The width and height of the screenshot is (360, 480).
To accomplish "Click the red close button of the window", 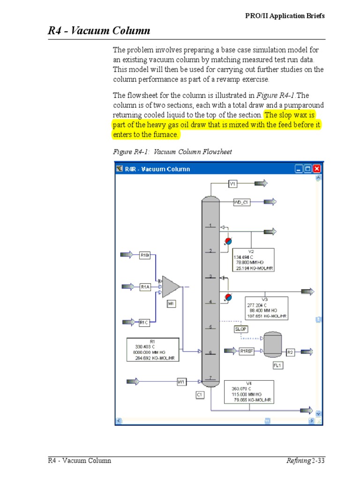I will tap(317, 169).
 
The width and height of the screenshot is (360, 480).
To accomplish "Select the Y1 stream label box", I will tap(232, 184).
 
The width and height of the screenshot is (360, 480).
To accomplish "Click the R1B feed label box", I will tap(145, 255).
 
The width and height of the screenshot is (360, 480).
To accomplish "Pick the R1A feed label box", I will tap(145, 286).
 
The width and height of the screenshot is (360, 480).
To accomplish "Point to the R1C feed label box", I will tap(145, 322).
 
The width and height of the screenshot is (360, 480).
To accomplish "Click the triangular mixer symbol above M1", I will tap(170, 286).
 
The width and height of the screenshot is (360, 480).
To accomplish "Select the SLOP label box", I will tap(240, 329).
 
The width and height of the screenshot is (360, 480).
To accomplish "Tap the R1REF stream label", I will tap(247, 351).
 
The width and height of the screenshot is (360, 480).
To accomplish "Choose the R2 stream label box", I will tap(290, 352).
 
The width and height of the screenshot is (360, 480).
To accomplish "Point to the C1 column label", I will tap(200, 395).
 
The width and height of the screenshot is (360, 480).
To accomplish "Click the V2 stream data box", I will tap(253, 260).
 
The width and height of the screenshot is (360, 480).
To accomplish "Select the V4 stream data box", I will tap(249, 391).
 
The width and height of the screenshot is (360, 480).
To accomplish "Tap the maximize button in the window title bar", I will tap(307, 169).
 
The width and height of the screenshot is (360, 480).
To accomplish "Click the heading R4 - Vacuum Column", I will tap(99, 31).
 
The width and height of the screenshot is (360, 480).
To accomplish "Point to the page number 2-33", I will tap(318, 461).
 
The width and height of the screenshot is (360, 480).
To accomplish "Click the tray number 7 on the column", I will tap(211, 377).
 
